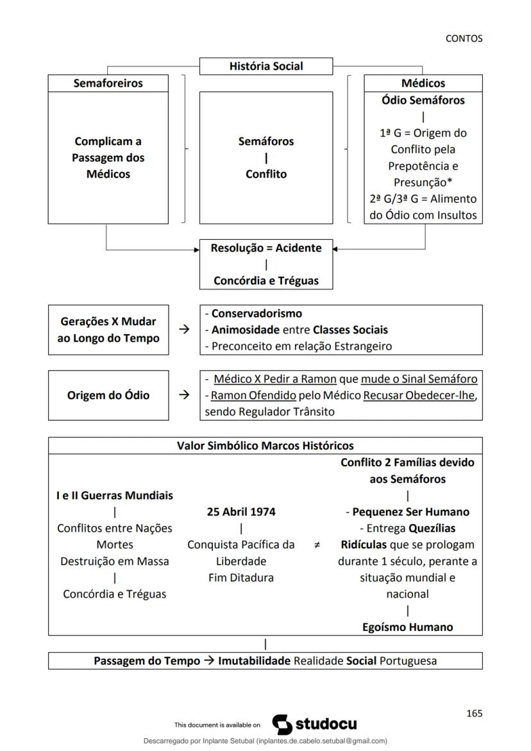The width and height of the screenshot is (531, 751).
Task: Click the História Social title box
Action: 266,66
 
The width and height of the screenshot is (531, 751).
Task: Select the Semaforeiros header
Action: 108,83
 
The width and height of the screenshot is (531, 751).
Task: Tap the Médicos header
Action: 423,83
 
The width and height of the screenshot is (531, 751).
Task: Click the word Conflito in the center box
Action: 266,174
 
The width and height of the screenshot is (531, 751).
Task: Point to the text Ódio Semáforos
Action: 423,100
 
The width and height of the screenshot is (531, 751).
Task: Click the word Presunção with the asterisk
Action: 423,182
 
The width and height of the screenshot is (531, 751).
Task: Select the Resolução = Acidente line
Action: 266,248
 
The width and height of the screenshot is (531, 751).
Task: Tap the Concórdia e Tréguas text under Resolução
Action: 266,280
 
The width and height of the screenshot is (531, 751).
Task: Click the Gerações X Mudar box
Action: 108,330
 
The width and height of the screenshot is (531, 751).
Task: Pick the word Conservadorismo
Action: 257,314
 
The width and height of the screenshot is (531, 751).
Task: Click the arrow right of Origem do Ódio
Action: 185,395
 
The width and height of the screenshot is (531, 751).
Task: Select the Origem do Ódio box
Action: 108,395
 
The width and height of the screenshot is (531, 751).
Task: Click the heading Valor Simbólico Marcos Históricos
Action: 265,446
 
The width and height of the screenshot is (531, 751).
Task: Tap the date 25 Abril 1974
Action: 241,512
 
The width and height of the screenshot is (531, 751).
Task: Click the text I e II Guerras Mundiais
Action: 114,495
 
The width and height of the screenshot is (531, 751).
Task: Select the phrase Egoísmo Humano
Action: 407,627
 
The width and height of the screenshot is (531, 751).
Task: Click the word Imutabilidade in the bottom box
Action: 255,661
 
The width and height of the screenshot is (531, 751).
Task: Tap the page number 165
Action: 475,713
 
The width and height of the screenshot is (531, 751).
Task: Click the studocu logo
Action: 315,724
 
